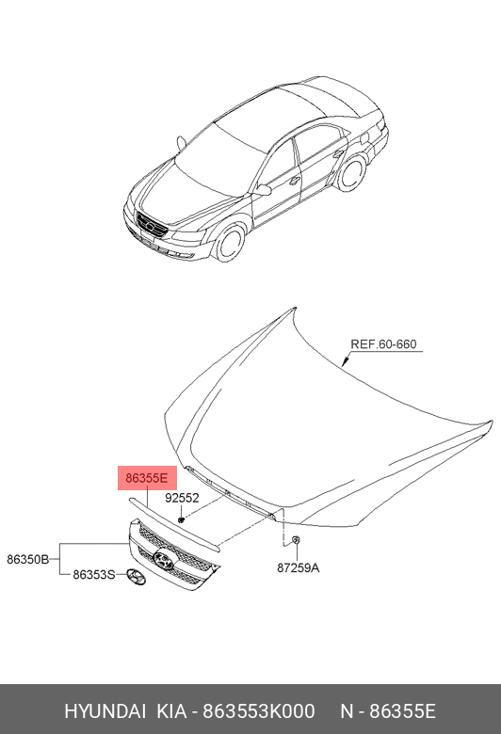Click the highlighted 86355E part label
pos(147,478)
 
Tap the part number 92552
pos(182,498)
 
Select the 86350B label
pos(27,559)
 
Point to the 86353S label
pos(94,574)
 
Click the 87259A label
pos(299,567)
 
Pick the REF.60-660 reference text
pos(383,344)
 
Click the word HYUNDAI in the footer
pos(105,711)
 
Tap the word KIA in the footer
pos(171,711)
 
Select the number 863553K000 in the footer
pos(258,711)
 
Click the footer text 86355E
pos(402,711)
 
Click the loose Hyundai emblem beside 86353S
pos(136,577)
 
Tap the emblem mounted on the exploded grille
pos(164,559)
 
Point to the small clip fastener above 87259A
pos(296,540)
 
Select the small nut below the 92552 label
pos(181,519)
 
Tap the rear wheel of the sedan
pos(352,173)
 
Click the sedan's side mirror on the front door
pos(263,189)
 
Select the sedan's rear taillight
pos(380,125)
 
